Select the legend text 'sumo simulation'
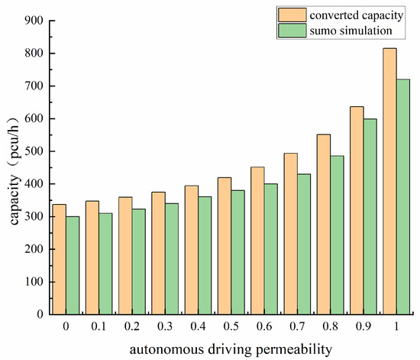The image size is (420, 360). [351, 30]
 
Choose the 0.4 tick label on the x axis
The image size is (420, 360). [199, 326]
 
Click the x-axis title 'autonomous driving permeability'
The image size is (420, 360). [231, 349]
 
